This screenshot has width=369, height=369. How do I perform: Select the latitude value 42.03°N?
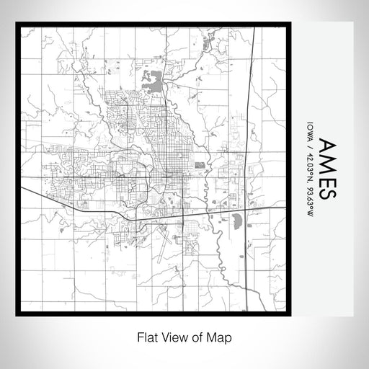(309, 164)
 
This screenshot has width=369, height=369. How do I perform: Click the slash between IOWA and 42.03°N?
(309, 145)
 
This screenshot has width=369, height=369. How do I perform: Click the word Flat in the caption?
(146, 337)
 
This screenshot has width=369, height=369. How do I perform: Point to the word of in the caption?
(198, 337)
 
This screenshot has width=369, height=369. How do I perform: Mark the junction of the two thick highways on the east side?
(247, 209)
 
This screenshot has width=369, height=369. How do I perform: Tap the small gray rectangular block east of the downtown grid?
(200, 165)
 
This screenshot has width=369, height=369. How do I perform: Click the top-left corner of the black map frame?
(17, 25)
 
